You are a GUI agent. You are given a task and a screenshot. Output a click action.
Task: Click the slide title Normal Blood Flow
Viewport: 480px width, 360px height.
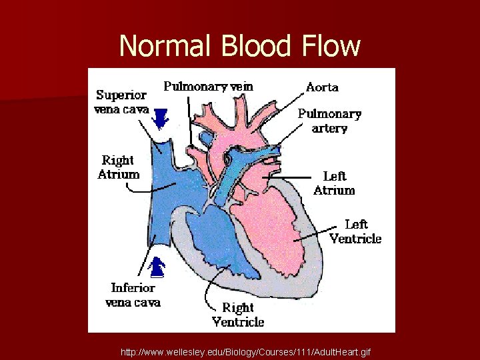click(x=240, y=46)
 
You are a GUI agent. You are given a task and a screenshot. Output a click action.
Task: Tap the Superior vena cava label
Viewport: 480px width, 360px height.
click(x=123, y=102)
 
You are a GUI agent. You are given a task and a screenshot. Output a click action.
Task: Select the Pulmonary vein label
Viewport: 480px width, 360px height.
click(x=209, y=86)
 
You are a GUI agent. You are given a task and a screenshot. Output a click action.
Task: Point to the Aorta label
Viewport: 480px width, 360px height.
click(x=322, y=87)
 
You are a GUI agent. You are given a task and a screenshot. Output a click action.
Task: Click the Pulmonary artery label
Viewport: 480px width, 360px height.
click(x=329, y=121)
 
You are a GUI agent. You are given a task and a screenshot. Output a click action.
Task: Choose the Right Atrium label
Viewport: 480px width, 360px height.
click(x=119, y=167)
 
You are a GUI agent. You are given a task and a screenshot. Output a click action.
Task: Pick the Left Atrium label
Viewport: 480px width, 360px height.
click(x=334, y=183)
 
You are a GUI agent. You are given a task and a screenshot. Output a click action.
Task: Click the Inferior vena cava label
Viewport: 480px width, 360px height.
click(x=133, y=295)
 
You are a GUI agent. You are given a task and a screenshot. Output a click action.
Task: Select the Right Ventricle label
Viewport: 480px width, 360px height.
click(x=238, y=315)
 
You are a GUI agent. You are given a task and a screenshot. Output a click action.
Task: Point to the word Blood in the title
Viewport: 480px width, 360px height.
click(x=251, y=46)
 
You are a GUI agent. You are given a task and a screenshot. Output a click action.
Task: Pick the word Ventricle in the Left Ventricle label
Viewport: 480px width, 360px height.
click(x=356, y=239)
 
